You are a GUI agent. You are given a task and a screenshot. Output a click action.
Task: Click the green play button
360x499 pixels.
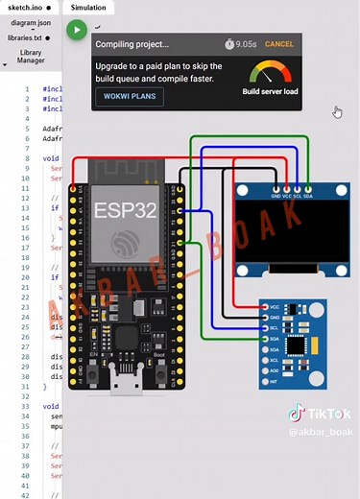click(x=76, y=30)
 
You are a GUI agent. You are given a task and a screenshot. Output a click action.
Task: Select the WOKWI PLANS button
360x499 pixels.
click(x=130, y=97)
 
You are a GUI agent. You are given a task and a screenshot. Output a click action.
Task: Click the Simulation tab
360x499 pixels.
click(x=87, y=6)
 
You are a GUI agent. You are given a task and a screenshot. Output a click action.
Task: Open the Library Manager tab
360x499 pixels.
click(x=30, y=57)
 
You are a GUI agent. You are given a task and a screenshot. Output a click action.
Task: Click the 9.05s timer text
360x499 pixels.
click(x=246, y=44)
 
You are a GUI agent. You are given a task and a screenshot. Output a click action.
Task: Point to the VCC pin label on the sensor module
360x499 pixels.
click(x=275, y=307)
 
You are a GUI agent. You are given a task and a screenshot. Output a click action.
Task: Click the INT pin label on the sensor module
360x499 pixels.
click(x=275, y=379)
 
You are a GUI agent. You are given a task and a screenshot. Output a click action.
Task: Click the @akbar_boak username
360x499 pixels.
click(x=315, y=433)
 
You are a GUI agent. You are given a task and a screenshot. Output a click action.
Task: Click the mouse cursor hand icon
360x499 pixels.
click(x=337, y=112)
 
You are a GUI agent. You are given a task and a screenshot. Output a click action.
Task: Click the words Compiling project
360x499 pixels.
click(x=132, y=44)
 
